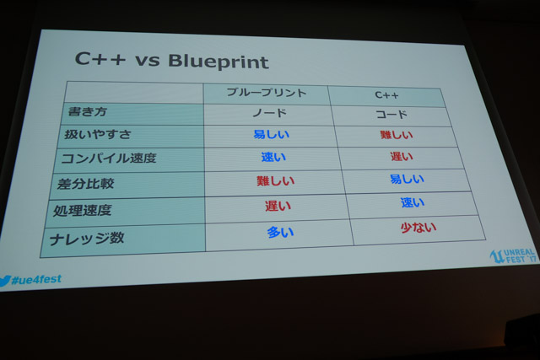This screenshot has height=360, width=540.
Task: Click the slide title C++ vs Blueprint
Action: coord(171,61)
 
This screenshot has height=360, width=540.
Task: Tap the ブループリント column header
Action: coord(267,92)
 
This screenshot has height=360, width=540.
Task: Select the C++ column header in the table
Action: coord(386,95)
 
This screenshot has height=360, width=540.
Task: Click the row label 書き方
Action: coord(88,111)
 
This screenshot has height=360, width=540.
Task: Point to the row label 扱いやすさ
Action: coord(98,134)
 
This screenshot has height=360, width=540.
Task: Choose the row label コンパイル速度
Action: coord(109,159)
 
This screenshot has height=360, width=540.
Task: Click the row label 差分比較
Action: coord(85,184)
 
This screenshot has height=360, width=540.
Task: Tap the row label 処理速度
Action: coord(83,210)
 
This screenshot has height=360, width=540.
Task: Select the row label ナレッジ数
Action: coord(86,239)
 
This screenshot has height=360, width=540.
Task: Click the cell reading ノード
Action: coord(270,112)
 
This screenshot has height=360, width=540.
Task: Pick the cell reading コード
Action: coord(391,115)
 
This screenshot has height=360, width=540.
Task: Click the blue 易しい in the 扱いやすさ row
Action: coord(271,134)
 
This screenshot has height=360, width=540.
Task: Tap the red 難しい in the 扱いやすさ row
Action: coord(396,135)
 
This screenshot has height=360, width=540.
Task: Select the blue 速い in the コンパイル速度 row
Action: coord(273,157)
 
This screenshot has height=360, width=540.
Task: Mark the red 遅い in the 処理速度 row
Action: coord(278,206)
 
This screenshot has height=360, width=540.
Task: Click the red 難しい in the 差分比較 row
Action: coord(276,180)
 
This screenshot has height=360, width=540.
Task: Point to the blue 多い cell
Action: coord(280,233)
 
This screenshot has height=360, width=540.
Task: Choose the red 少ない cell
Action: coord(418,228)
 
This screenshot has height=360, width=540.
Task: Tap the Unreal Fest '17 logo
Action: coord(513,256)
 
